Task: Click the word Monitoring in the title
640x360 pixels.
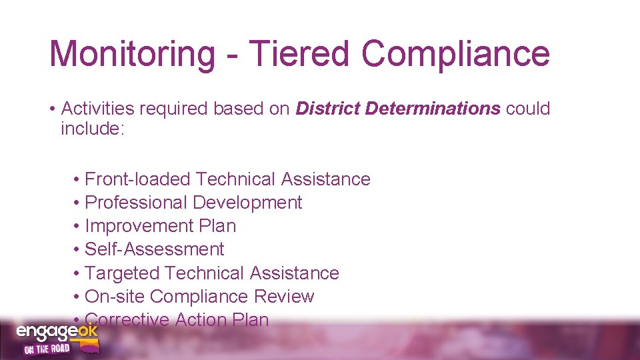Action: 133,54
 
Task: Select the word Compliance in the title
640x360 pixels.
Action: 456,54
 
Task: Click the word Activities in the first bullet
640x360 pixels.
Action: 99,109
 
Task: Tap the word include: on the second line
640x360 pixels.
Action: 93,128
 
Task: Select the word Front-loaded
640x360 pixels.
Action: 138,179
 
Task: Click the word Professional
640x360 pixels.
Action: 136,203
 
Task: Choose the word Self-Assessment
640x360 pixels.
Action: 155,249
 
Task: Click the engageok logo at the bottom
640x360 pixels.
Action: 57,332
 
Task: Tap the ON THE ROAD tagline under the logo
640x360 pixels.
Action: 47,349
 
